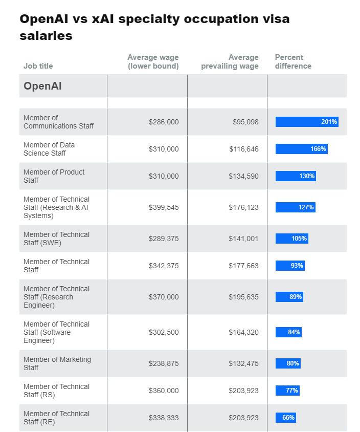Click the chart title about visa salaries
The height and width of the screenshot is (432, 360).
(x=154, y=27)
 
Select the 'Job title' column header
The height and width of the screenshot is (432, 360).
(x=38, y=66)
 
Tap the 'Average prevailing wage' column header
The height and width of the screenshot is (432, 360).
(x=230, y=61)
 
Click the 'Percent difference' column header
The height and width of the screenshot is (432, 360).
(x=293, y=61)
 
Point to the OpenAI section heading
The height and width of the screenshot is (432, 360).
(x=42, y=86)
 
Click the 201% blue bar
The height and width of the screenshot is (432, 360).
(x=307, y=122)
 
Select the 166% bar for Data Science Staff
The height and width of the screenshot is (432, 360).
(x=301, y=149)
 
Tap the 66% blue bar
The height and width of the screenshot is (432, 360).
(x=286, y=418)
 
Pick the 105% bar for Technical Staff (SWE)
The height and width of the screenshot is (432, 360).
(x=292, y=239)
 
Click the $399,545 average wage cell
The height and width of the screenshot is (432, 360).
(x=164, y=207)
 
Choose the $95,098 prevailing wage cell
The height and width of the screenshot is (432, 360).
(x=245, y=122)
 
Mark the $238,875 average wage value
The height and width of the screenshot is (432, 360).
(x=164, y=363)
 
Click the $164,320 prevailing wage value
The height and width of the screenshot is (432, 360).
(x=243, y=332)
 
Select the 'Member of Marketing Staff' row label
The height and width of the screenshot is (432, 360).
(x=57, y=363)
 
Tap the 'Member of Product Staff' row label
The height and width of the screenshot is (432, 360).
(x=54, y=176)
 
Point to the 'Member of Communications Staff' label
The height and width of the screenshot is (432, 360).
(x=58, y=122)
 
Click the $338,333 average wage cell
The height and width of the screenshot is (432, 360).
(x=164, y=418)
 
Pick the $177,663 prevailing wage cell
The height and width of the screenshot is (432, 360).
(x=243, y=266)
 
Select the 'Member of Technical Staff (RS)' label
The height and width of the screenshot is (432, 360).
(x=56, y=391)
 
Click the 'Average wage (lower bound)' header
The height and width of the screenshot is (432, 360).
(x=153, y=61)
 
